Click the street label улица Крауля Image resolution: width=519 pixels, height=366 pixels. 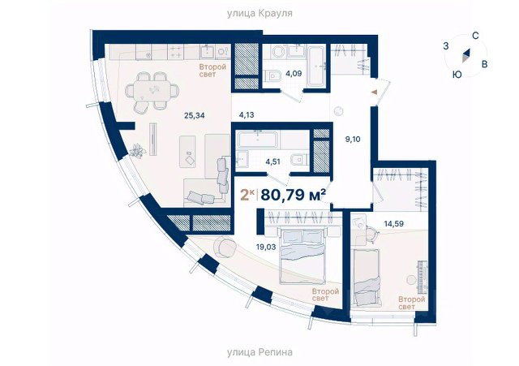[x=259, y=14]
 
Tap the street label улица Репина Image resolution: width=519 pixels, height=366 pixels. [x=259, y=351]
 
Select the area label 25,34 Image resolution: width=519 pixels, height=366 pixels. [x=195, y=115]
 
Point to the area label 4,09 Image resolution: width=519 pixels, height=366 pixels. [x=294, y=73]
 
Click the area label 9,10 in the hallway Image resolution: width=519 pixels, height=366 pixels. [x=353, y=139]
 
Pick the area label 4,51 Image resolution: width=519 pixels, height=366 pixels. [x=273, y=162]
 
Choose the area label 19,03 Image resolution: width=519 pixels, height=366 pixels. [x=266, y=247]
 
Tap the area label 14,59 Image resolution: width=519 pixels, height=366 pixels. [x=393, y=224]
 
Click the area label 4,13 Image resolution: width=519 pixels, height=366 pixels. [x=247, y=115]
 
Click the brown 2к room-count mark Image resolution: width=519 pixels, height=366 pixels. [x=247, y=195]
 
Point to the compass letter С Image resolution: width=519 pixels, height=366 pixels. [x=476, y=36]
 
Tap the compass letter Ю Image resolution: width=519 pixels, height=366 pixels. [x=457, y=75]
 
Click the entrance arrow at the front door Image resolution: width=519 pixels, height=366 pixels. [x=375, y=92]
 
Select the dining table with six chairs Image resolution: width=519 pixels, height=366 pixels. [x=152, y=91]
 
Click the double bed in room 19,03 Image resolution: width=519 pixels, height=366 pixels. [x=302, y=257]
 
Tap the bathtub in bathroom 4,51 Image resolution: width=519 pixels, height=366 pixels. [x=258, y=140]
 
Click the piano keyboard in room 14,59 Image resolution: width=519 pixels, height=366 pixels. [x=422, y=278]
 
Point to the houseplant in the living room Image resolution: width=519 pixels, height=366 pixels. [x=138, y=151]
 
